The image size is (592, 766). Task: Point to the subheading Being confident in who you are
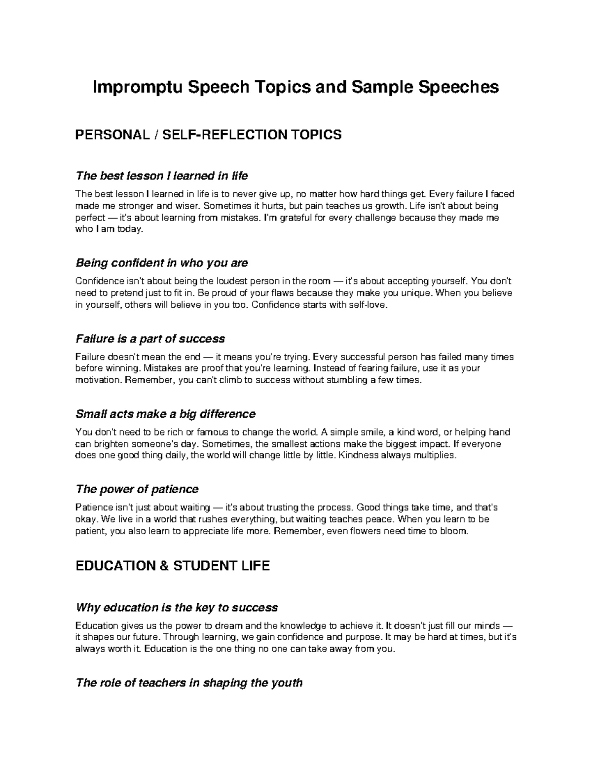click(x=161, y=263)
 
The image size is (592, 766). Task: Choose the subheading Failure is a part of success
click(x=150, y=338)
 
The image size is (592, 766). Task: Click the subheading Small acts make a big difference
click(x=165, y=413)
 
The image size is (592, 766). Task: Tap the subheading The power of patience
click(x=137, y=489)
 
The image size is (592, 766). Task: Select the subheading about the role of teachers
click(x=188, y=683)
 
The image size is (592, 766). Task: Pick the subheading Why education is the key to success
click(x=176, y=607)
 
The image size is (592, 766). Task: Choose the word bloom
click(x=452, y=531)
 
